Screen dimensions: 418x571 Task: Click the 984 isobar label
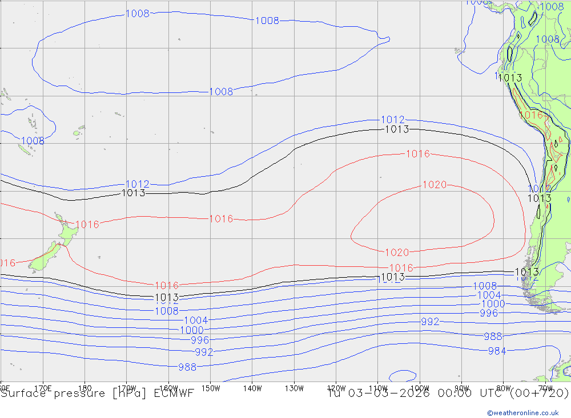(x=497, y=351)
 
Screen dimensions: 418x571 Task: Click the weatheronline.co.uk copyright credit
(x=522, y=413)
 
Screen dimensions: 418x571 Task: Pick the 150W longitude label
(x=211, y=388)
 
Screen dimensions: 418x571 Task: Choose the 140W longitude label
(x=252, y=388)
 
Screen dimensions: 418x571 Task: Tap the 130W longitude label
(x=293, y=388)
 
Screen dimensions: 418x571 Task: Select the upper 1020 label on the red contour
(x=434, y=185)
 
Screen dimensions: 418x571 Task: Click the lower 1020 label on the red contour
(x=397, y=253)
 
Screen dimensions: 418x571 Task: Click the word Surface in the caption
(x=21, y=393)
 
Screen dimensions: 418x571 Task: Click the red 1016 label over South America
(x=531, y=115)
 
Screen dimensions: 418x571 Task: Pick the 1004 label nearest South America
(x=489, y=295)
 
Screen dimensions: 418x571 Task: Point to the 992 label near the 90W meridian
(x=430, y=322)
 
